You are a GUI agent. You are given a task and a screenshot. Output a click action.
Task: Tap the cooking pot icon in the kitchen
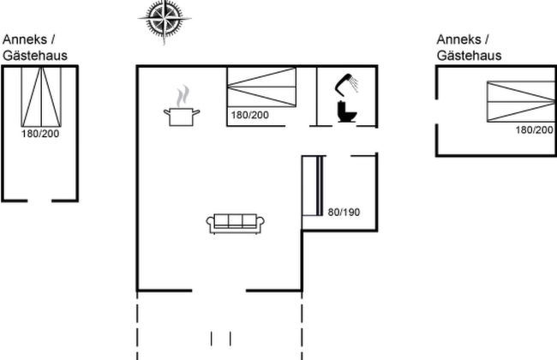pos(182,115)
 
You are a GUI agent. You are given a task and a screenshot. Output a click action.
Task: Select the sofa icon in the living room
pos(236,222)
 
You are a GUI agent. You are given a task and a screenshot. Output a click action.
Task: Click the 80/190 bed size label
pos(344,212)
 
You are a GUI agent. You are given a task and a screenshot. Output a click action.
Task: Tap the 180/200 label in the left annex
pos(40,133)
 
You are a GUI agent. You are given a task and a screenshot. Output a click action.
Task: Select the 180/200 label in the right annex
pos(535,129)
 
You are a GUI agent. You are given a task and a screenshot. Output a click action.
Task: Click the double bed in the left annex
pos(40,94)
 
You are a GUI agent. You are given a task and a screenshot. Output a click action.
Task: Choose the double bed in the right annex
pos(519,102)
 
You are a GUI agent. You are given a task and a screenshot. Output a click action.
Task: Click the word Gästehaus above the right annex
pos(469,55)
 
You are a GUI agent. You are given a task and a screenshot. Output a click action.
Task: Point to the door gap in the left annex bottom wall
pos(40,200)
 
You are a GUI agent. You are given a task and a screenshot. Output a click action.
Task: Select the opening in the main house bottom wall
pos(219,290)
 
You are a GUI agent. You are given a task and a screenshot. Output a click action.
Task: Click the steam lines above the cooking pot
pos(182,94)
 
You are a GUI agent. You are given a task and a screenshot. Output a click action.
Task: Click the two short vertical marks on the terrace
pos(220,337)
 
